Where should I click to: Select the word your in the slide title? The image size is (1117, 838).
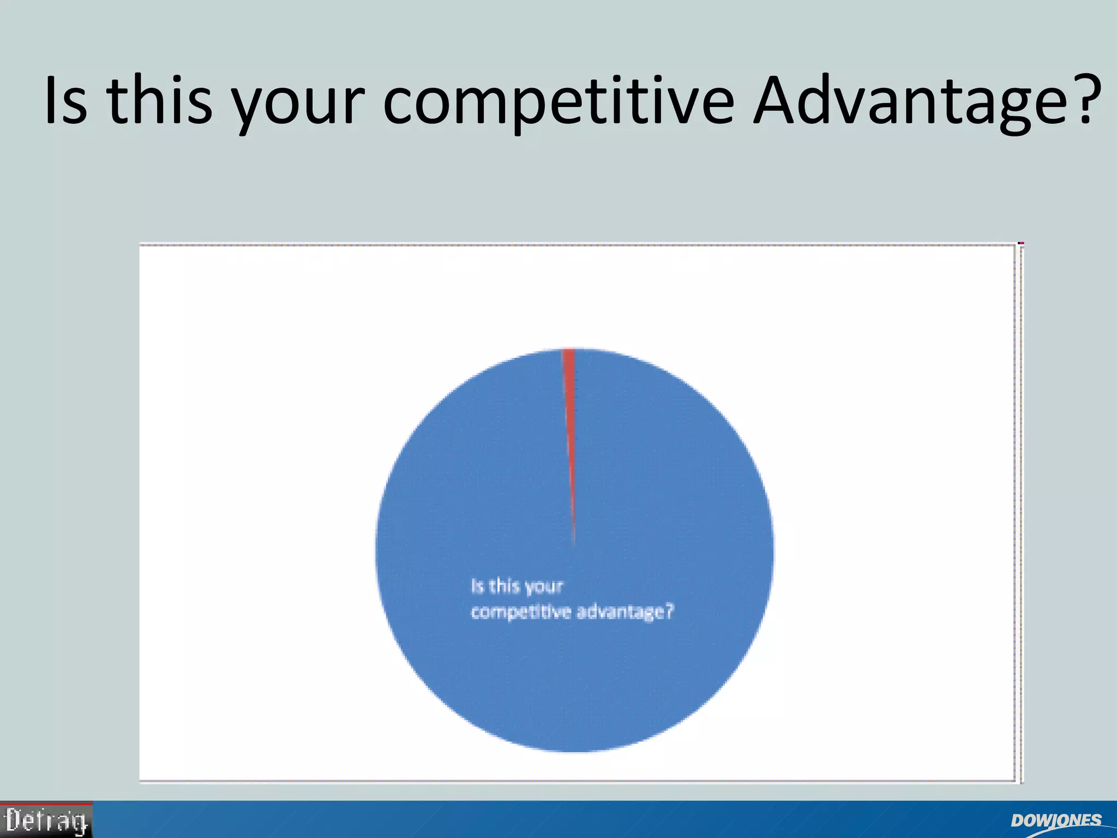click(x=297, y=106)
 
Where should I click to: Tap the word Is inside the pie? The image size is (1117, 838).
click(x=478, y=586)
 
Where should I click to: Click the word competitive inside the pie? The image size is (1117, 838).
click(x=520, y=613)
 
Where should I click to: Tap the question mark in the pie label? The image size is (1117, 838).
click(x=670, y=611)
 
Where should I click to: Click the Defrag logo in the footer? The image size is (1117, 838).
click(x=46, y=820)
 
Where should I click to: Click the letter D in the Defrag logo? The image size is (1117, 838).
click(x=13, y=820)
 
